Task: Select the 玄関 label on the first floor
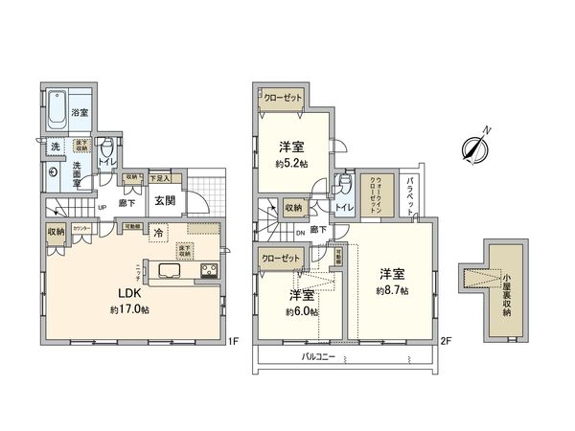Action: [x=164, y=200]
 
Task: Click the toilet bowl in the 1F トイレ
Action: [x=107, y=150]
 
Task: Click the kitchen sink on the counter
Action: [x=163, y=271]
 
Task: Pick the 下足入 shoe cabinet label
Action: [x=160, y=178]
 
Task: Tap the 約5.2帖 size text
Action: [x=291, y=164]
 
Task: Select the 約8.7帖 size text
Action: [x=392, y=289]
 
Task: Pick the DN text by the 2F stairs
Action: [x=301, y=231]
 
